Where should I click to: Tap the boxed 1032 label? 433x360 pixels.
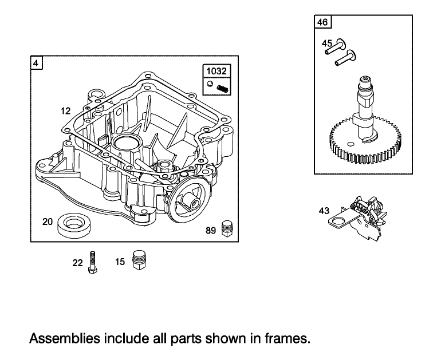pyautogui.click(x=216, y=72)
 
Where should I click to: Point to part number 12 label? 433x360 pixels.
pyautogui.click(x=66, y=109)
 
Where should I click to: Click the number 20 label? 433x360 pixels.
pyautogui.click(x=48, y=220)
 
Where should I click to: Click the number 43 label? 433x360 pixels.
pyautogui.click(x=324, y=211)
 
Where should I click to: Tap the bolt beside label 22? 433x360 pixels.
pyautogui.click(x=92, y=263)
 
